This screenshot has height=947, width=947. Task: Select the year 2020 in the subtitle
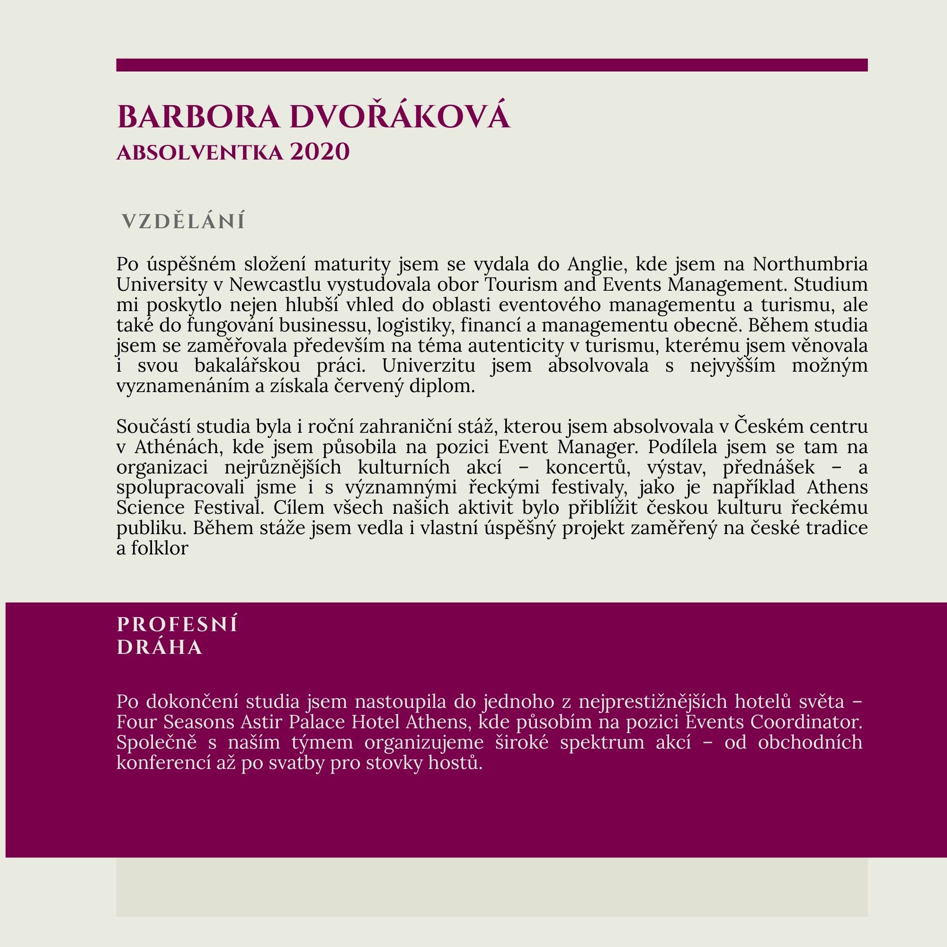(320, 152)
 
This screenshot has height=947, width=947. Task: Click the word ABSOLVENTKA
(199, 153)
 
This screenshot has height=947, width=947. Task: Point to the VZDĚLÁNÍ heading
(183, 222)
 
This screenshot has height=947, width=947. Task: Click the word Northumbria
(810, 264)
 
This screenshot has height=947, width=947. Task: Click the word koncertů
(588, 468)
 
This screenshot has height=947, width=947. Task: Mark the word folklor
(159, 548)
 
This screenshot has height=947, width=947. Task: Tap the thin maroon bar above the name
(491, 65)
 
